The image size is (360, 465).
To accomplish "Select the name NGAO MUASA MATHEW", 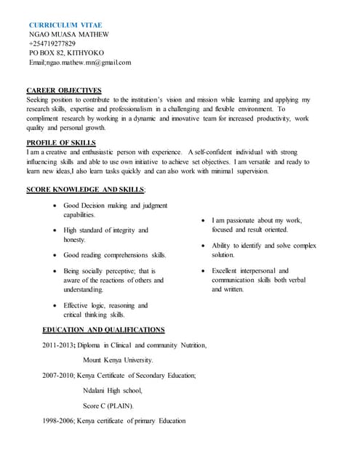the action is point(68,34).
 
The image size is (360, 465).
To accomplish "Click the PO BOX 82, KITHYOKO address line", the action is point(66,53).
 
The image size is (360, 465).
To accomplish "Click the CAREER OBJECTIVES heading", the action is point(64,90).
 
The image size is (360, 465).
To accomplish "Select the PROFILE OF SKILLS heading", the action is point(61,142).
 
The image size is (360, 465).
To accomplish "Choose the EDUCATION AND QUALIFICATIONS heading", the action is point(103,330).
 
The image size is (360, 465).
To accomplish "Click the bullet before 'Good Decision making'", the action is point(56,206).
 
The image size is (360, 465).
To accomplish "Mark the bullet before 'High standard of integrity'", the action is point(56,230).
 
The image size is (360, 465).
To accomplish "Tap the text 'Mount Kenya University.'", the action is point(118,360).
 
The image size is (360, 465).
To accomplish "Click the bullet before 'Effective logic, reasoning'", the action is point(56,306).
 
